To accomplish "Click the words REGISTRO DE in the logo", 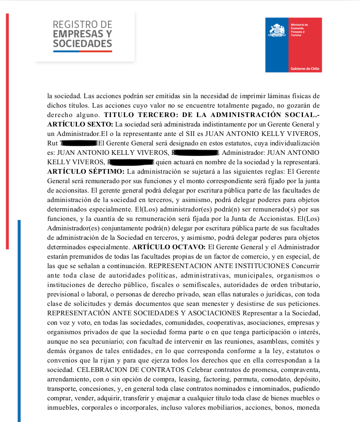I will [83, 25].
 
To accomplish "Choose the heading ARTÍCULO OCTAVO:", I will [169, 247].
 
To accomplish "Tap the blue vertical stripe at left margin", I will [19, 321].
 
